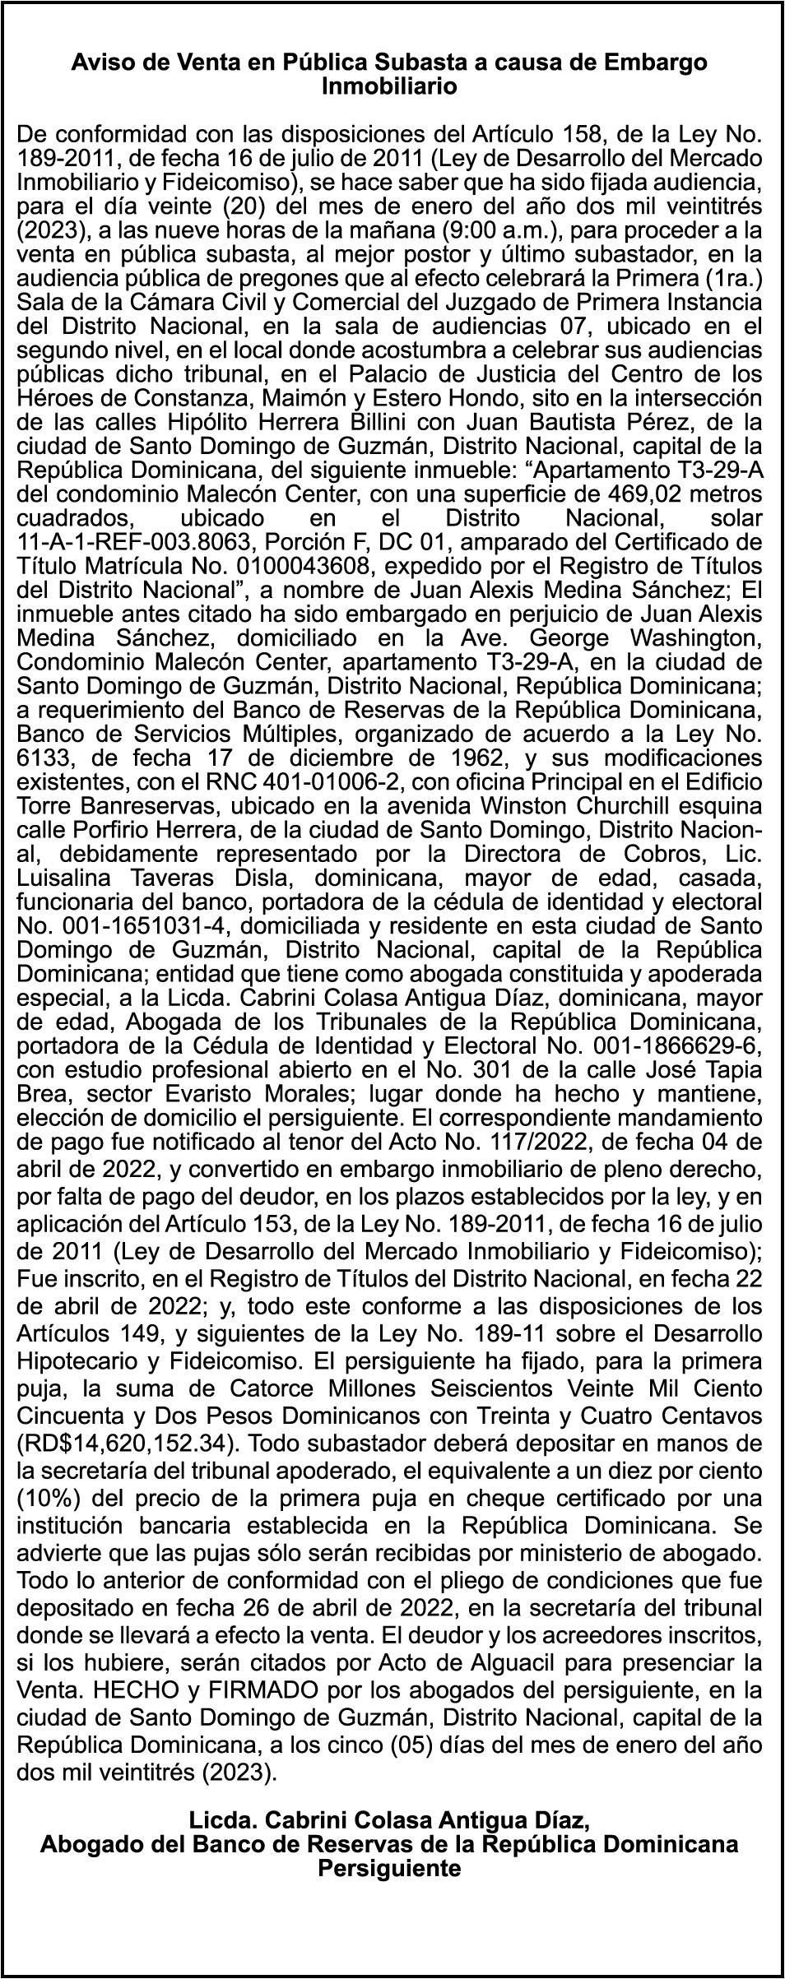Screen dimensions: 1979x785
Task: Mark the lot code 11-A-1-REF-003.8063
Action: click(x=143, y=544)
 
